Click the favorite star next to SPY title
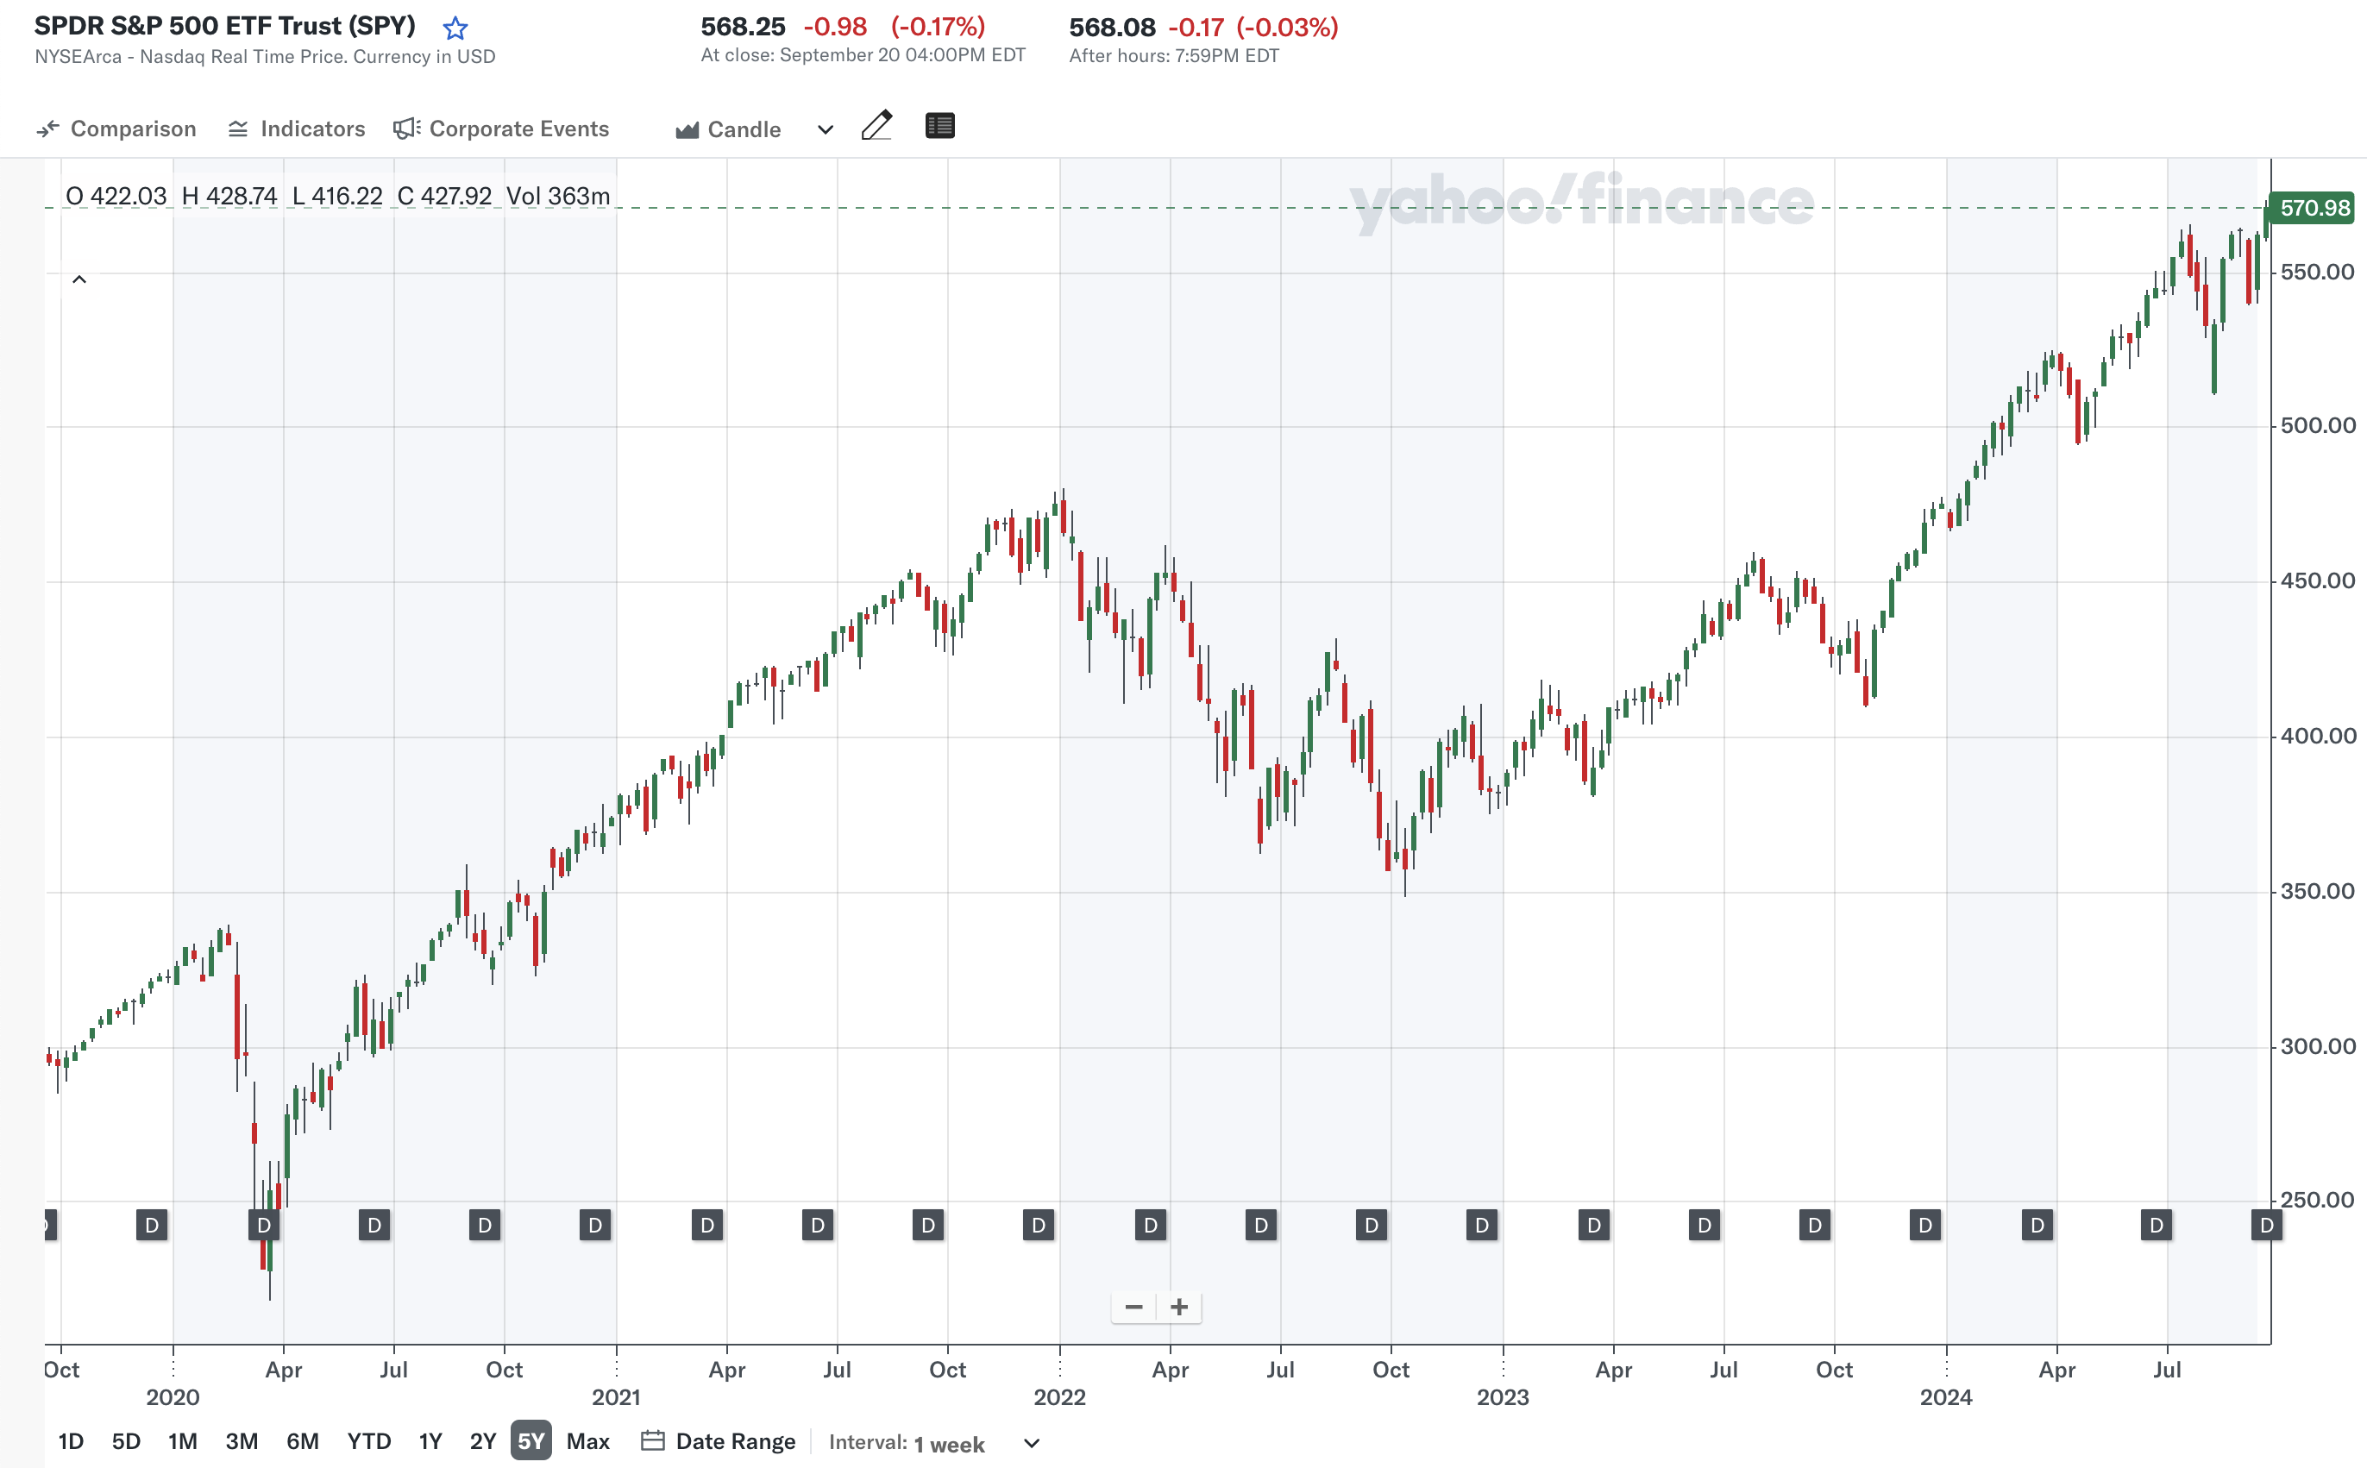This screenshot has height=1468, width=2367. (x=455, y=28)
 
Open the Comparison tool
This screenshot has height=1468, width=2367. (x=116, y=129)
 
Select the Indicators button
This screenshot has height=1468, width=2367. (x=296, y=129)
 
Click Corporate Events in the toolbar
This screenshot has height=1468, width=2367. (x=501, y=129)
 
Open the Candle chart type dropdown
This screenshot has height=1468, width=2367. (x=755, y=129)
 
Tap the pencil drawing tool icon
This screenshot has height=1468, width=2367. (x=876, y=126)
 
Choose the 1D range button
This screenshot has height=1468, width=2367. (x=71, y=1440)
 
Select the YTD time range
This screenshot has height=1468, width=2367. (x=369, y=1440)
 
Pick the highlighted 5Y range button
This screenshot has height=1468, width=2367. (x=531, y=1440)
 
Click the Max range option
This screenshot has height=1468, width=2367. (x=587, y=1440)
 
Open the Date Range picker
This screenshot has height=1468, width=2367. (x=719, y=1440)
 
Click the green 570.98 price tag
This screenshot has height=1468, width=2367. (x=2314, y=209)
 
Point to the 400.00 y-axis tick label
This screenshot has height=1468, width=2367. (x=2318, y=736)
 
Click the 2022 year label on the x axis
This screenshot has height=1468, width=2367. (x=1059, y=1397)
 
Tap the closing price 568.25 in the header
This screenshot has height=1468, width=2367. (x=743, y=28)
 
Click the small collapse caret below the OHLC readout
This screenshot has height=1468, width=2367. (x=79, y=280)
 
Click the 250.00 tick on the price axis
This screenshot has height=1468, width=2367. (x=2318, y=1200)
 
